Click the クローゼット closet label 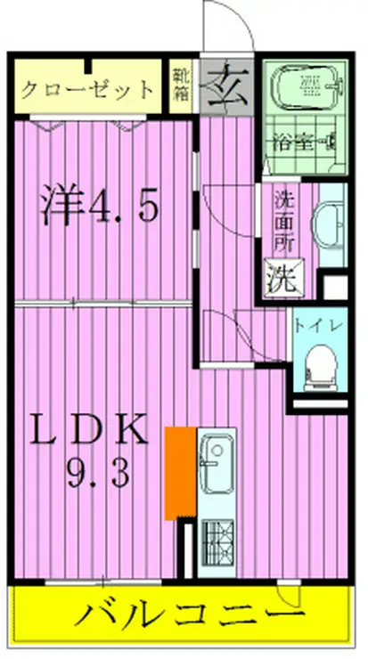click(x=86, y=89)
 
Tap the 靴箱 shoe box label click(x=180, y=85)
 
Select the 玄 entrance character click(x=226, y=85)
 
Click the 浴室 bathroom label click(x=293, y=142)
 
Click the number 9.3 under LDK click(x=98, y=473)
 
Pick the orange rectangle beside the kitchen click(x=180, y=473)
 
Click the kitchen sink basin click(x=216, y=463)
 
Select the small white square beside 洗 click(x=335, y=287)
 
